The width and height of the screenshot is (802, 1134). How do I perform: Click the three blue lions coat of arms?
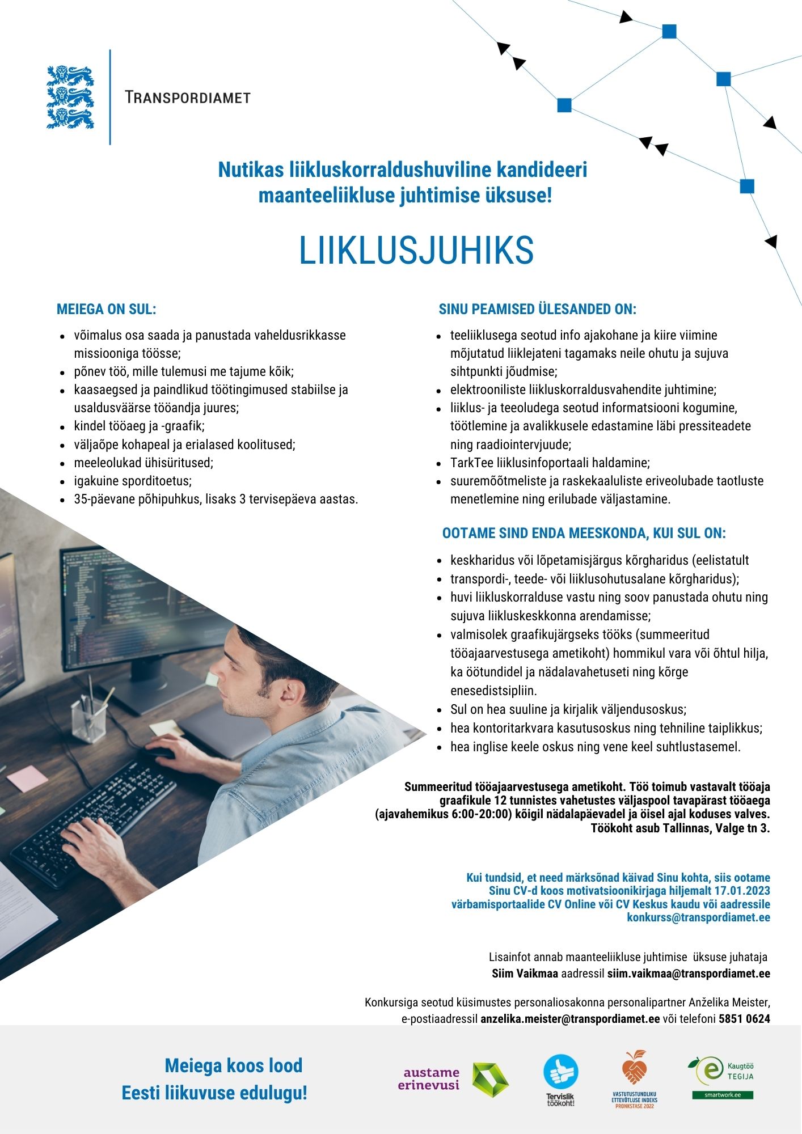70,97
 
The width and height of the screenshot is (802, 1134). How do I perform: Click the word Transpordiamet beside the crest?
188,98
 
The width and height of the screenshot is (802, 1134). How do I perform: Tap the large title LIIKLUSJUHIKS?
416,251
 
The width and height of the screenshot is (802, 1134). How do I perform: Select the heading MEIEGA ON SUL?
106,309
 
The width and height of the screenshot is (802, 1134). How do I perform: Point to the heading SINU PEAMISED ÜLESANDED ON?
537,309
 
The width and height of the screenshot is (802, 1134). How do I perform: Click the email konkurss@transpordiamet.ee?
698,917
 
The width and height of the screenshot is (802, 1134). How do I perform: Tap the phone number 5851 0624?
744,1018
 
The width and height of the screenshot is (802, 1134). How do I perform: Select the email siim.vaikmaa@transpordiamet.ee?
689,974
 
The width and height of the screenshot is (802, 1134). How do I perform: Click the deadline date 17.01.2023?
742,891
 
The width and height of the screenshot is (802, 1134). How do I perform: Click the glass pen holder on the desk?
89,718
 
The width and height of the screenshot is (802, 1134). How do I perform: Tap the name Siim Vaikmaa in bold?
525,974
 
